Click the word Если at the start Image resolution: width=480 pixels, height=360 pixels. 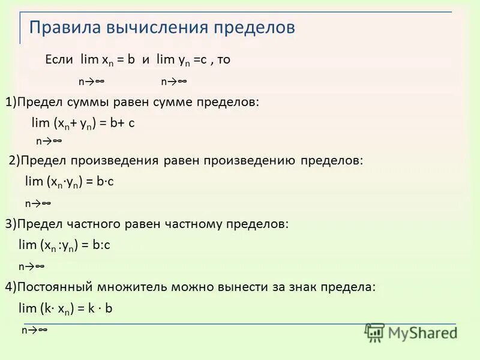pos(59,60)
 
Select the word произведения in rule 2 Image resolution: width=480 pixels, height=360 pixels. pos(115,161)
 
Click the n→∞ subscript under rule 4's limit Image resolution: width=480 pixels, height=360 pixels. pos(34,330)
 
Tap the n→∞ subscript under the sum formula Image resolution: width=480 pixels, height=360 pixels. pos(49,141)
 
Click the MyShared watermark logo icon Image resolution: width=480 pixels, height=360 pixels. pos(375,332)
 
